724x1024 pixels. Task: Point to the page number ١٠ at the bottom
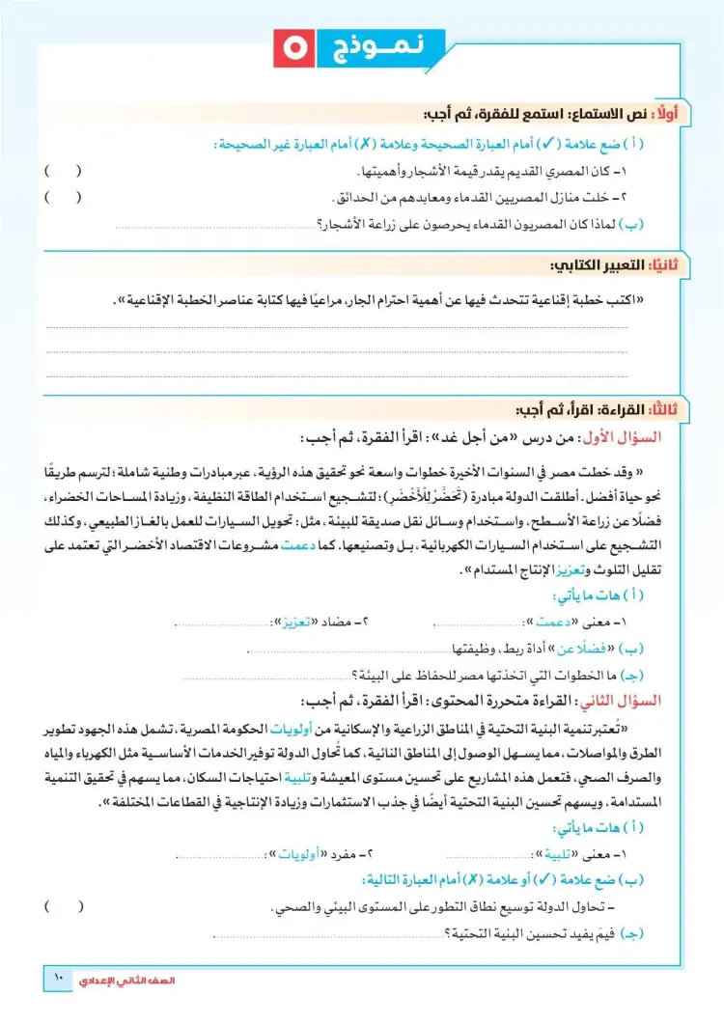coord(56,980)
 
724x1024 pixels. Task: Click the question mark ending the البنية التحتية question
coord(450,933)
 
